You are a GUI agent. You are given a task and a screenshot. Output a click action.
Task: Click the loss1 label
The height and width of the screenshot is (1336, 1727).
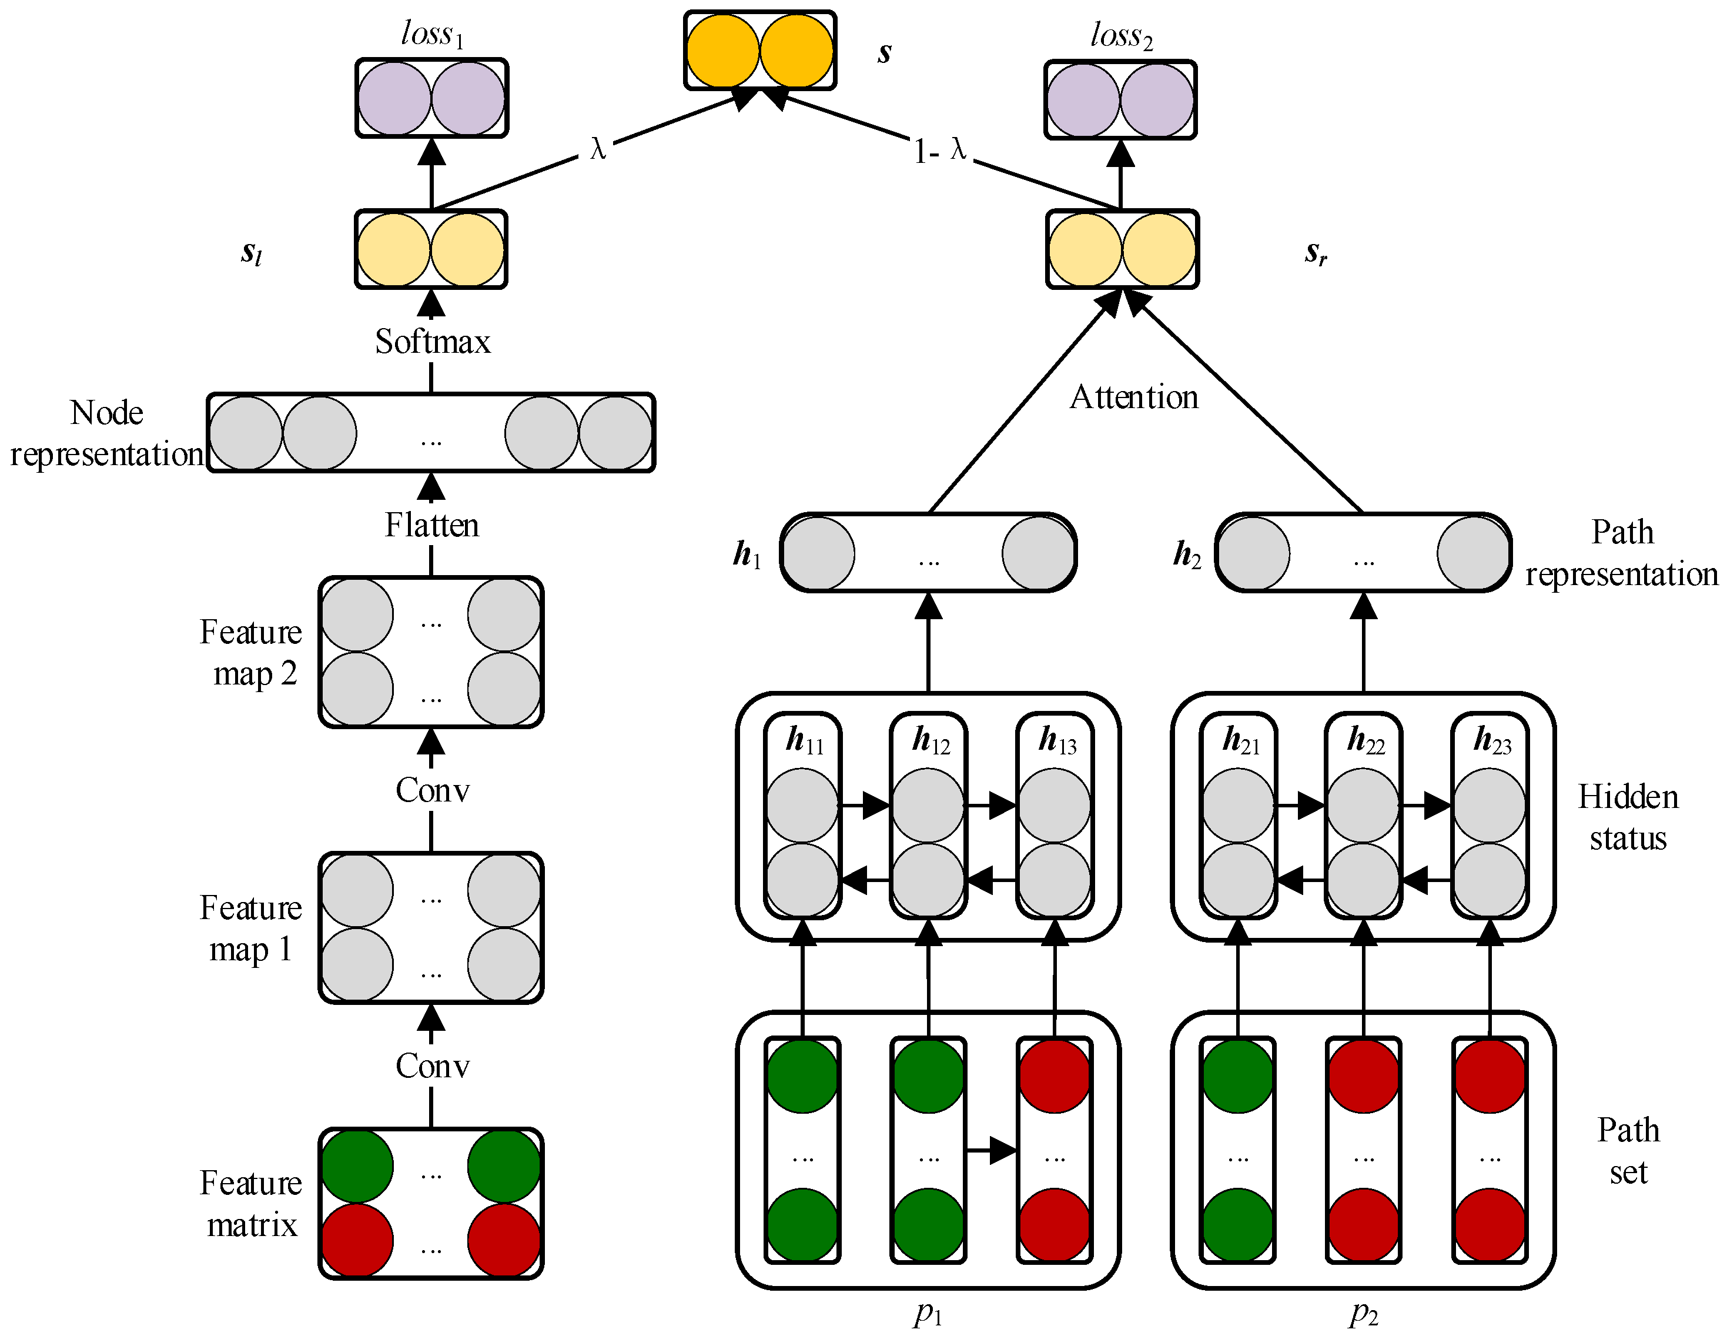[x=431, y=34]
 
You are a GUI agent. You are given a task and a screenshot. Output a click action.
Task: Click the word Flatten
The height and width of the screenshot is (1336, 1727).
[x=431, y=525]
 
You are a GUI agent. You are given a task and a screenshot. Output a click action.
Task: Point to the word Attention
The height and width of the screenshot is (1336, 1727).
[x=1133, y=397]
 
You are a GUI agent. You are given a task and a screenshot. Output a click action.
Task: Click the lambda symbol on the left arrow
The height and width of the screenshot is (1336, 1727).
[x=598, y=149]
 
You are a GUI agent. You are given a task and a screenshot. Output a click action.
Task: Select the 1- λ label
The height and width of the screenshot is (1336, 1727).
[x=939, y=149]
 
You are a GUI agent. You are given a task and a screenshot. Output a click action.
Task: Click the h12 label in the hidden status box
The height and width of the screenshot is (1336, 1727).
[x=930, y=740]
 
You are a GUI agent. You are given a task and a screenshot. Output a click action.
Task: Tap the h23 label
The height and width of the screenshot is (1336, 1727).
[x=1491, y=740]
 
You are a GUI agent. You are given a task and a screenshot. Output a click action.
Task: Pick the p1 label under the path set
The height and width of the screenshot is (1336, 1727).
[x=928, y=1314]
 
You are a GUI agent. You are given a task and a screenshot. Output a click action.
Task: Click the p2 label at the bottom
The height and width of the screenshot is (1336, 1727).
[x=1363, y=1314]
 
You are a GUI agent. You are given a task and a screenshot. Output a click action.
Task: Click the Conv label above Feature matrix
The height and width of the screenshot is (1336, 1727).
[x=431, y=1066]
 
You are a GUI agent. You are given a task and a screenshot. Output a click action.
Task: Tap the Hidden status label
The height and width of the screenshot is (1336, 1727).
[x=1627, y=817]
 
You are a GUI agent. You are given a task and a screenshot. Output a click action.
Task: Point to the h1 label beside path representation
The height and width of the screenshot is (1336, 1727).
[x=747, y=555]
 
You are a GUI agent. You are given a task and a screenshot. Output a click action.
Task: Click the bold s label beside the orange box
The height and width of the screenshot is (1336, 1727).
[x=884, y=53]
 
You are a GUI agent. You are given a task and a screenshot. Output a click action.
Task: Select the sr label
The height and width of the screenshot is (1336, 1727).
[x=1315, y=253]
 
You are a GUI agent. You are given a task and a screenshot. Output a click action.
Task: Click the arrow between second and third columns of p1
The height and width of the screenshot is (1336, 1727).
[x=991, y=1150]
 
